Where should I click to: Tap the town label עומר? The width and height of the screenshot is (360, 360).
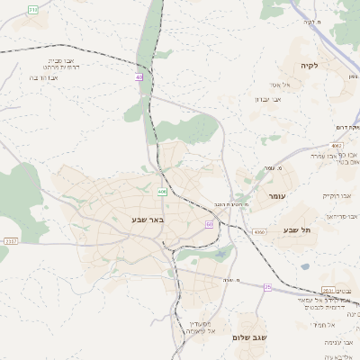click(x=275, y=195)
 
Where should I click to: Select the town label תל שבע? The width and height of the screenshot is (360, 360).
click(x=296, y=230)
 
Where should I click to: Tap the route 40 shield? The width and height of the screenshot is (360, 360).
click(x=139, y=77)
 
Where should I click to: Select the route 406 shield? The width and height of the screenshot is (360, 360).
click(x=162, y=192)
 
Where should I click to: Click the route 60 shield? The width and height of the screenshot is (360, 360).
click(x=209, y=224)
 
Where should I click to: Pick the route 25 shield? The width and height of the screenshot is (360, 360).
click(x=267, y=286)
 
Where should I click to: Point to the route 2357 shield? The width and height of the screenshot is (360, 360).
click(x=11, y=241)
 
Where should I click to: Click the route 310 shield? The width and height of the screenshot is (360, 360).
click(x=34, y=9)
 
